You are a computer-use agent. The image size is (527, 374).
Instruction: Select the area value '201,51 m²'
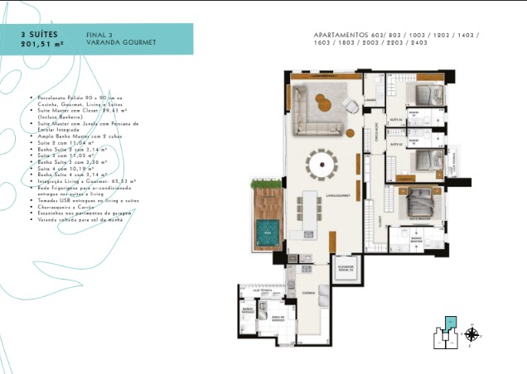pyautogui.click(x=43, y=45)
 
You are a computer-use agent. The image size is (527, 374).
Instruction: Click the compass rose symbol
pyautogui.click(x=471, y=334)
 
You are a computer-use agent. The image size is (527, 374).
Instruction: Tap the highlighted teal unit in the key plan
pyautogui.click(x=450, y=324)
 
